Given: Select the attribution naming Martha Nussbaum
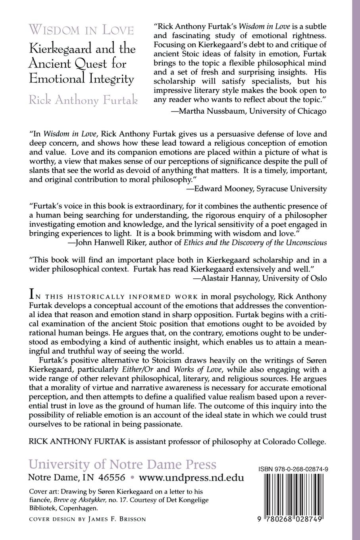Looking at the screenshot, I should [248, 112].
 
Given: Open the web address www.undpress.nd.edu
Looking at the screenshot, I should [191, 477].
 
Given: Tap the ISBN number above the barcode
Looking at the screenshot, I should [295, 469].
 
